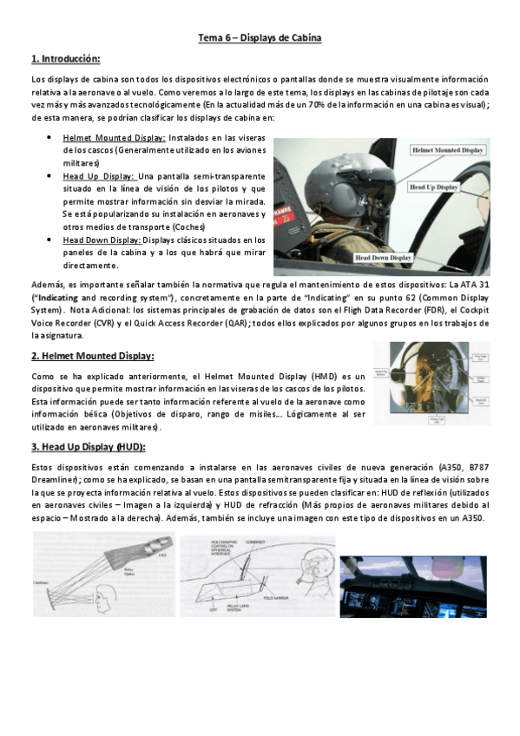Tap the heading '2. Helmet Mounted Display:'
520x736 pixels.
[92, 355]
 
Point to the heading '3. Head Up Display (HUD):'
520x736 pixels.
[89, 446]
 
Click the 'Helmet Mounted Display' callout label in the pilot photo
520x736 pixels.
[448, 149]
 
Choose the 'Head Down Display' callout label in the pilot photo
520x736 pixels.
[383, 258]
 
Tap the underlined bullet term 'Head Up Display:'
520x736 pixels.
[98, 175]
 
